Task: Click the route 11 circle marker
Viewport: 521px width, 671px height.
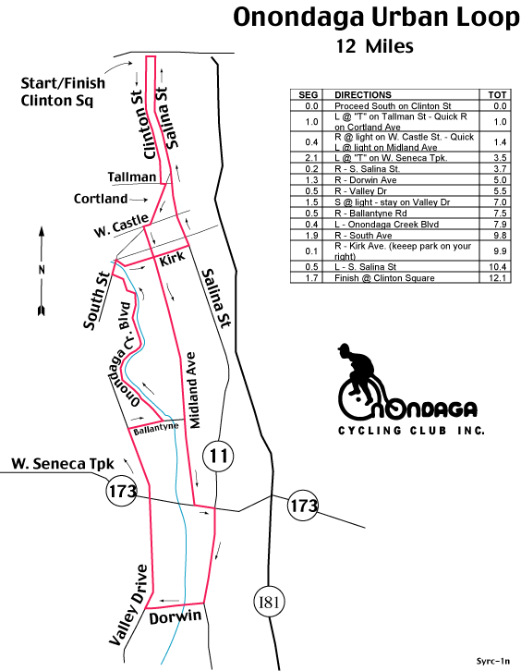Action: (x=218, y=456)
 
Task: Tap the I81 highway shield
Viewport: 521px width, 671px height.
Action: (x=269, y=602)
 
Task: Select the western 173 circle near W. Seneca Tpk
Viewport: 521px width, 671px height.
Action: (x=122, y=492)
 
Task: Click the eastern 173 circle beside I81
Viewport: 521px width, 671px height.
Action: (x=303, y=505)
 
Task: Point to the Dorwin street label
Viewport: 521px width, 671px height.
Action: (x=176, y=617)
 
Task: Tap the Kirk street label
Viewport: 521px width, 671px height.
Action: (x=173, y=258)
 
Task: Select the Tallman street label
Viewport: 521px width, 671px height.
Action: (x=132, y=177)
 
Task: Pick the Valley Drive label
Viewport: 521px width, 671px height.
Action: (x=128, y=604)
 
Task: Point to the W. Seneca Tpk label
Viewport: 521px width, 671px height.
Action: (x=63, y=464)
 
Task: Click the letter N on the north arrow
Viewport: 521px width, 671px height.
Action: (x=42, y=270)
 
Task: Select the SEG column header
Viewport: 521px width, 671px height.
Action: (x=308, y=94)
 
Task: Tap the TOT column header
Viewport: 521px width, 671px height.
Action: (x=497, y=94)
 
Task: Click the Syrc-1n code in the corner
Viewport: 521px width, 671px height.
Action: (x=493, y=661)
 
